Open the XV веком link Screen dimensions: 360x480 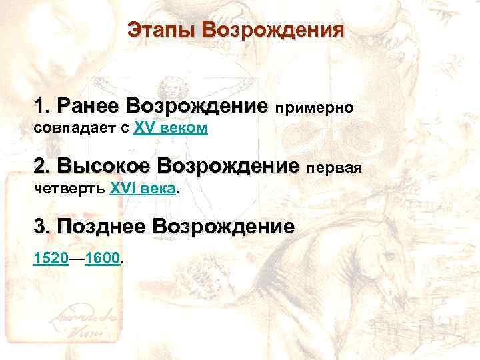pyautogui.click(x=171, y=128)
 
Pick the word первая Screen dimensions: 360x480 pyautogui.click(x=334, y=167)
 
